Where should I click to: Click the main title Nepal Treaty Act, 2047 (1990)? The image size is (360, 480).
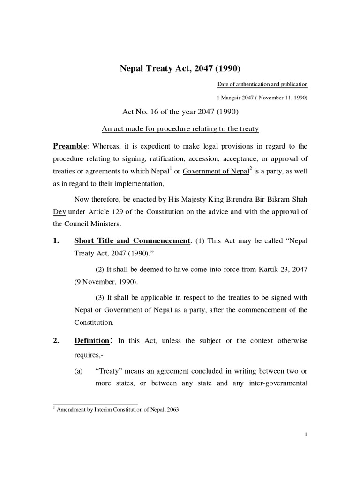point(180,69)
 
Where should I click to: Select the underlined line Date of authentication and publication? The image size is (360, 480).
point(262,84)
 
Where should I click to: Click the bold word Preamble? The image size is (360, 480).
point(69,146)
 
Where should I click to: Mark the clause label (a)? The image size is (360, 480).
point(79,370)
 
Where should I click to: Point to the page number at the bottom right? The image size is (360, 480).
point(306,435)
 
